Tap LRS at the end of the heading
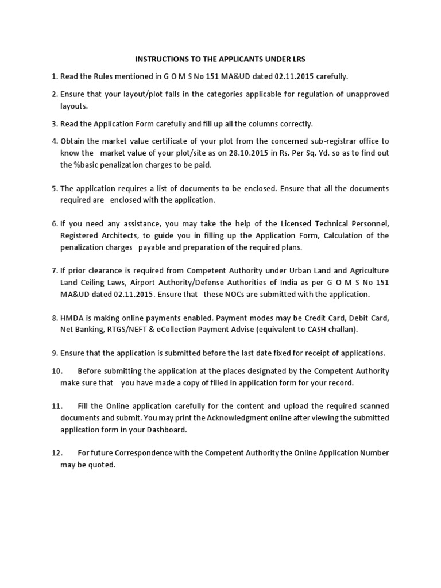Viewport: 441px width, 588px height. (x=299, y=59)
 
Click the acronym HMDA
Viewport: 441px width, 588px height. (x=73, y=319)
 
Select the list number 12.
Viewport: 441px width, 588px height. (x=56, y=453)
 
